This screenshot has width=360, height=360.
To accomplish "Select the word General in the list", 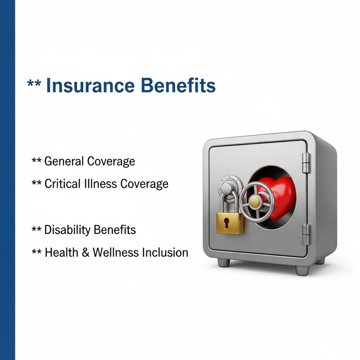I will pos(63,161).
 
